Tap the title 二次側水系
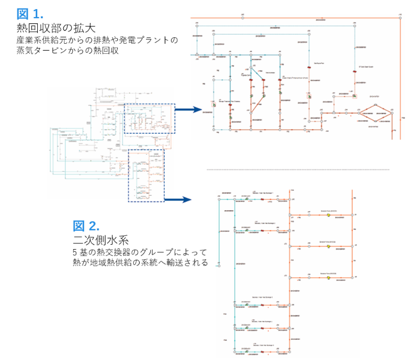coord(96,239)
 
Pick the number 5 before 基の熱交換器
coord(75,252)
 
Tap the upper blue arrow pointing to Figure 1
coord(189,110)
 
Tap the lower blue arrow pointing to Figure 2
coord(177,200)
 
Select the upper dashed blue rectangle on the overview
coord(149,118)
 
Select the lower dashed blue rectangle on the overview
coord(146,175)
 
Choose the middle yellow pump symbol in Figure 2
coord(329,246)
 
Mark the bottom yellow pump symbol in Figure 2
coord(329,277)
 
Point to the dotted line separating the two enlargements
coord(298,170)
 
